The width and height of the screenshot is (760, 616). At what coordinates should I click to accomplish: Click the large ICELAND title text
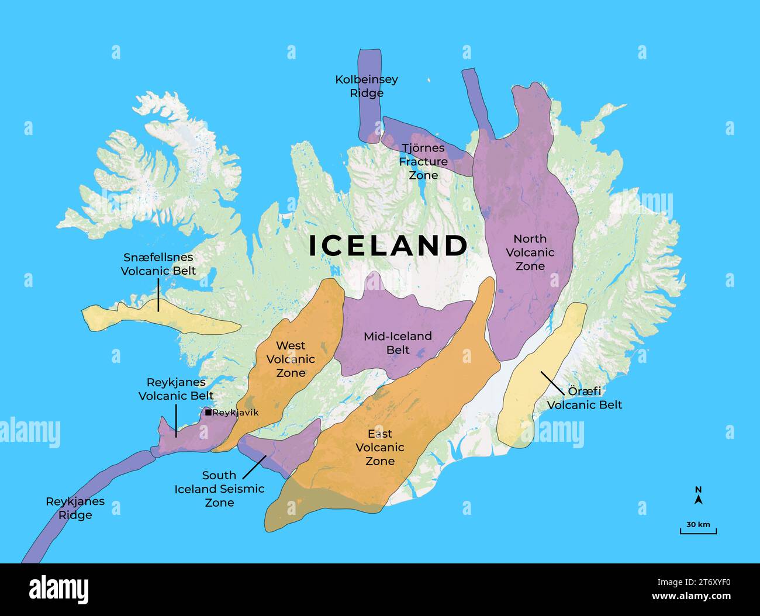[388, 245]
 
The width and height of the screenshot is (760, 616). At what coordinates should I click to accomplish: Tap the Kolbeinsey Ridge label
[367, 86]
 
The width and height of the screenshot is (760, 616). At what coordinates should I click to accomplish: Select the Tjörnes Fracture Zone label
[423, 161]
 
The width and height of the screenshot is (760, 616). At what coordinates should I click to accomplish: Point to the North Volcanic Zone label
[530, 252]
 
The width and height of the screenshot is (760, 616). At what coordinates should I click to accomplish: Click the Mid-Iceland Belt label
[398, 343]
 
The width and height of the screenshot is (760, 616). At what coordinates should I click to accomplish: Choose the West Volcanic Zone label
[291, 359]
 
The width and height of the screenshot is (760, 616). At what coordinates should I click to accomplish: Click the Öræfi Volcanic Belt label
[585, 398]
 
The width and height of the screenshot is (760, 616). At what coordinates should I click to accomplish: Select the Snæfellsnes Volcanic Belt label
[158, 264]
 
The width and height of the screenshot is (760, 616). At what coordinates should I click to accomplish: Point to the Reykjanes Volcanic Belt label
[176, 389]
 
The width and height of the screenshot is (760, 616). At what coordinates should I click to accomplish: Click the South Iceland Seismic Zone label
[219, 489]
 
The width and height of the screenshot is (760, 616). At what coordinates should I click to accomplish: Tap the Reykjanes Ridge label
[75, 508]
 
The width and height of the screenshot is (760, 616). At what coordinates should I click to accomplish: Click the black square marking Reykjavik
[208, 412]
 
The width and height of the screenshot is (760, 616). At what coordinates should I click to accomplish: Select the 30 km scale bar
[698, 531]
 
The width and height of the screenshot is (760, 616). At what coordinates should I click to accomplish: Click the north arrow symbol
[698, 499]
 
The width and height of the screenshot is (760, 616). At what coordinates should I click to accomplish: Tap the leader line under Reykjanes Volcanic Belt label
[176, 420]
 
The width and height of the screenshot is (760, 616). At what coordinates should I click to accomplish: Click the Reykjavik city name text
[235, 413]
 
